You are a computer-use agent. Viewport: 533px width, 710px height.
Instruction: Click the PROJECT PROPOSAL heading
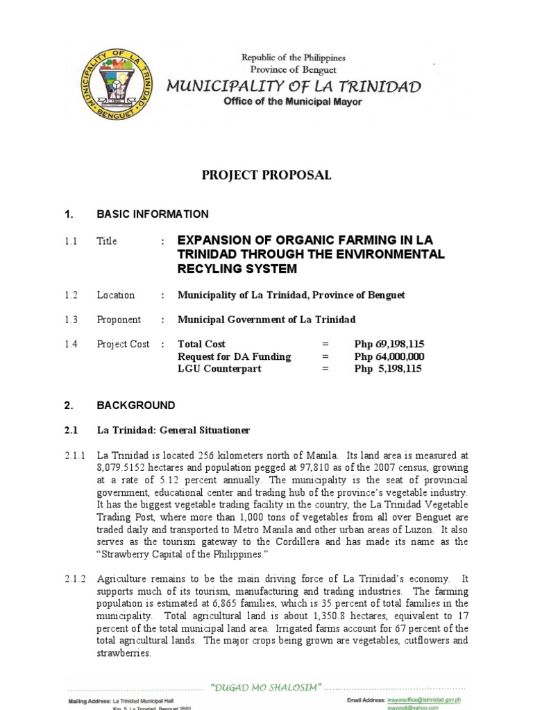pyautogui.click(x=266, y=175)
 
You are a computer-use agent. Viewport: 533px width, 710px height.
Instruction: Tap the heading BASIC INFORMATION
pyautogui.click(x=153, y=214)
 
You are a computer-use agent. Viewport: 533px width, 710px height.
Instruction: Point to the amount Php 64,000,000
pyautogui.click(x=389, y=356)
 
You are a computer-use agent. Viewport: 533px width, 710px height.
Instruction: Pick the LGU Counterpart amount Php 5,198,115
pyautogui.click(x=388, y=369)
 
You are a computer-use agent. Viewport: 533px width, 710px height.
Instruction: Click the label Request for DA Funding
pyautogui.click(x=235, y=356)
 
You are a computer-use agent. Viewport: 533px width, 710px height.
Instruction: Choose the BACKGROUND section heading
pyautogui.click(x=136, y=406)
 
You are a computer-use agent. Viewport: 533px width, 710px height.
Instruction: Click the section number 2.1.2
pyautogui.click(x=74, y=578)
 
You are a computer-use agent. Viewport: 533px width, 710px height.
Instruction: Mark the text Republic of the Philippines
pyautogui.click(x=292, y=58)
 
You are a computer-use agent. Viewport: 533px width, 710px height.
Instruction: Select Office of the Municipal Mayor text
pyautogui.click(x=292, y=101)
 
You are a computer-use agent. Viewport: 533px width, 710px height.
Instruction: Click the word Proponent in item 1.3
pyautogui.click(x=119, y=320)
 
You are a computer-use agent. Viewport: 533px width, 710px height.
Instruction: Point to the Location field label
pyautogui.click(x=116, y=295)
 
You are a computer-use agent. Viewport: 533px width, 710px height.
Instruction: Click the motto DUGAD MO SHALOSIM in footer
pyautogui.click(x=266, y=687)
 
